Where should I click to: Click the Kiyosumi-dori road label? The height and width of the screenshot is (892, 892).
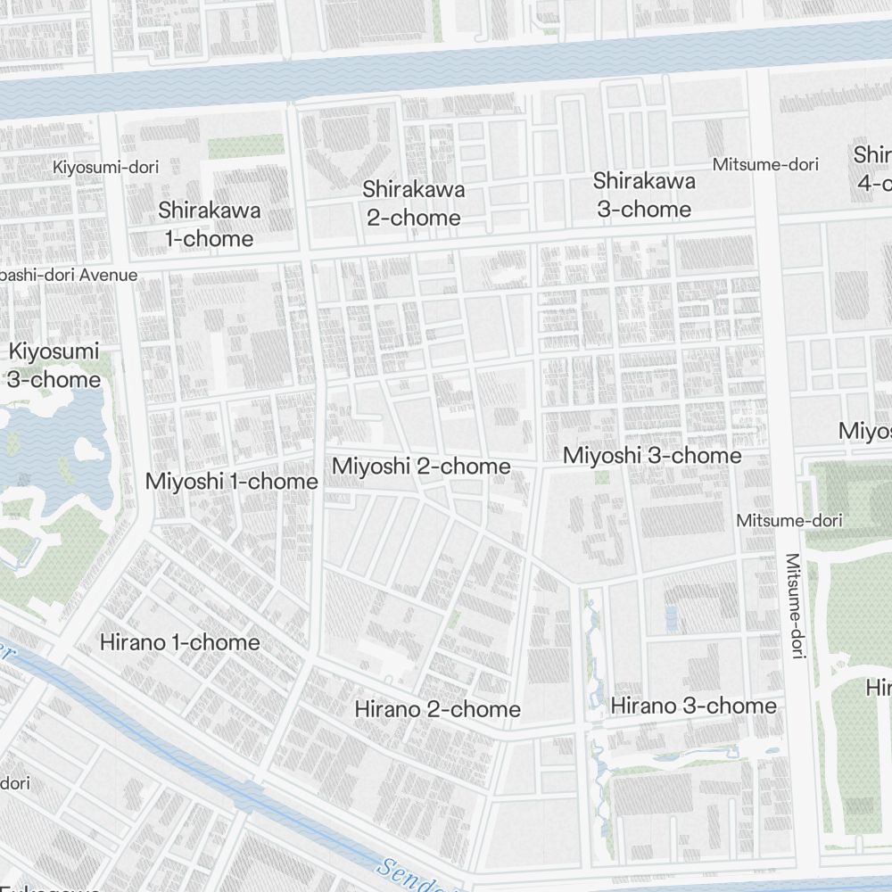(111, 167)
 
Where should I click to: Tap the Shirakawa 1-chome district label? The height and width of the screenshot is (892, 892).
(210, 225)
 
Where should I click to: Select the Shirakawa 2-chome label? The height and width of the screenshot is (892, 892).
(413, 203)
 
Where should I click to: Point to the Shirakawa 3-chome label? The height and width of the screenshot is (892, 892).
(643, 194)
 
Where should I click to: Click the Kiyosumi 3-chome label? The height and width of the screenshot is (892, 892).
(54, 365)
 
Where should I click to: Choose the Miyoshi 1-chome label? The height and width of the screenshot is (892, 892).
(231, 482)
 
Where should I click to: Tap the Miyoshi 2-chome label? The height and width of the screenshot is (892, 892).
(421, 466)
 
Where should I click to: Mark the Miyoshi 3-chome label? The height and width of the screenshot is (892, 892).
(652, 456)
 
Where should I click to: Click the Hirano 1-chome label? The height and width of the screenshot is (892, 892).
(180, 642)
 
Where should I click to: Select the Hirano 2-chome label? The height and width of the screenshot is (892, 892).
(437, 709)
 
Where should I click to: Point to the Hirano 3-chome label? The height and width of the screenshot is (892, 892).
(693, 706)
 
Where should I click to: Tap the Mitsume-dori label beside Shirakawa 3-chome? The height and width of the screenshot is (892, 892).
(765, 164)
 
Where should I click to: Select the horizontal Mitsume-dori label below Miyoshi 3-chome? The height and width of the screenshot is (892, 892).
(789, 520)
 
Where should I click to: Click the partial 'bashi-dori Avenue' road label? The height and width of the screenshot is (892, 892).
(69, 275)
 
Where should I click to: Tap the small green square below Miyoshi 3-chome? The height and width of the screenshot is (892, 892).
(602, 478)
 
